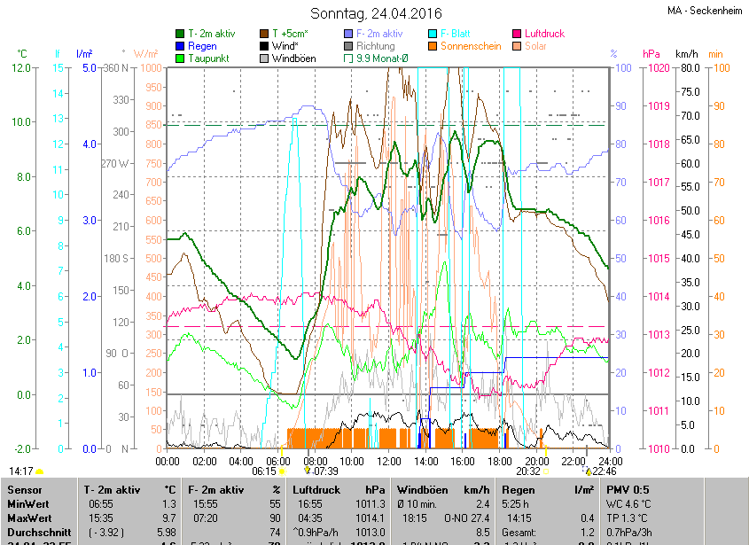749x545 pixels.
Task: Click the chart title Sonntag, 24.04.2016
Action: tap(375, 13)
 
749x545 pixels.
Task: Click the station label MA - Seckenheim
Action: tap(706, 11)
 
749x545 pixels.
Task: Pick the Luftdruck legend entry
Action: tap(543, 34)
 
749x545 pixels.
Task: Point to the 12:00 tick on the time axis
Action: tap(388, 461)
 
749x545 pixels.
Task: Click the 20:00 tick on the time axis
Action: tap(536, 461)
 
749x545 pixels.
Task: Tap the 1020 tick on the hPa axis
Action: tap(658, 68)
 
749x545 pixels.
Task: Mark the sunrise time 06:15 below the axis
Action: tap(264, 471)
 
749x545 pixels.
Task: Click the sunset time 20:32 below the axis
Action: tap(527, 471)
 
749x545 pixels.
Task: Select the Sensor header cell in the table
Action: tap(24, 489)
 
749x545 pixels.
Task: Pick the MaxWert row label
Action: tap(29, 518)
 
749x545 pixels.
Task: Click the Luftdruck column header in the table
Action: tap(316, 489)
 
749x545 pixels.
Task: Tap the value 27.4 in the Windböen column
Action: tap(480, 518)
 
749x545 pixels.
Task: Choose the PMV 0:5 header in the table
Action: tap(627, 489)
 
